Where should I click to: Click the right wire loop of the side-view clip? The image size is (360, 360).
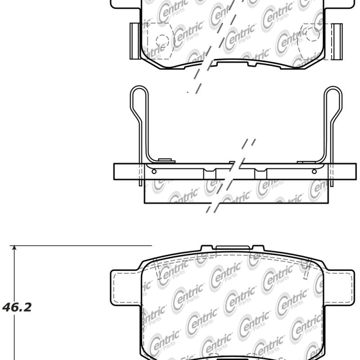[333, 101]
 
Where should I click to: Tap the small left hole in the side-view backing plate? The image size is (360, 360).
[154, 171]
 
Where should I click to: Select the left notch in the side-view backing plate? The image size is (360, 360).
[209, 173]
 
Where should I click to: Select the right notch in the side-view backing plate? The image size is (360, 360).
[261, 173]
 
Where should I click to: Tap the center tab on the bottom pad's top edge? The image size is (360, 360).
[233, 247]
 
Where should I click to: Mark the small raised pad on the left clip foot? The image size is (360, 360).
[166, 160]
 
